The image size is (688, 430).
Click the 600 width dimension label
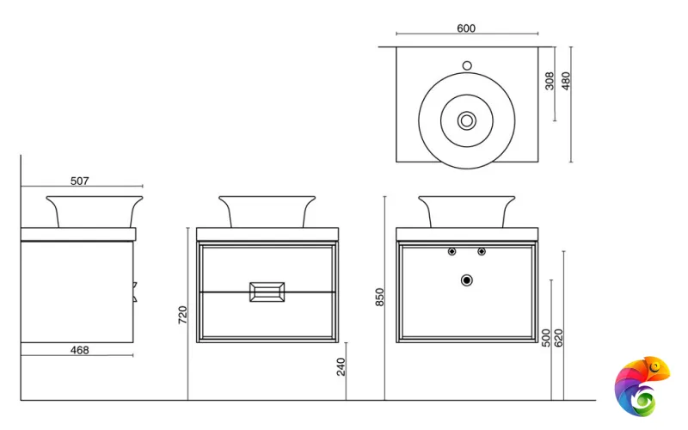[466, 28]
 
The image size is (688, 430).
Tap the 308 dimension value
[550, 81]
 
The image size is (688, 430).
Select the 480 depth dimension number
[566, 81]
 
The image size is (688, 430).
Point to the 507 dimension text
[79, 181]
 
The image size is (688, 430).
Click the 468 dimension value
[79, 350]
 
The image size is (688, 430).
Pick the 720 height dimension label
[182, 315]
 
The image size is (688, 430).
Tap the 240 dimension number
[341, 367]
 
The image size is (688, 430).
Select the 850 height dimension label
[379, 297]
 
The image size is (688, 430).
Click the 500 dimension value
[546, 338]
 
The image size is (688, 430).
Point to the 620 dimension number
[558, 338]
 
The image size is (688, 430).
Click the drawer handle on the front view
[267, 292]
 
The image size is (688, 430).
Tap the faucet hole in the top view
[467, 66]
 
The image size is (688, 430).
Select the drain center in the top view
[467, 120]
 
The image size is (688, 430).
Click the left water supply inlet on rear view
[452, 251]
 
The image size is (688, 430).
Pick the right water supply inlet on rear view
[482, 251]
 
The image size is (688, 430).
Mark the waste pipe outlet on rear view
[467, 280]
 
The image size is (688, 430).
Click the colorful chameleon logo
[642, 386]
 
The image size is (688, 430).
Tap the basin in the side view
[95, 212]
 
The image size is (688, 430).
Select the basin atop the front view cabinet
[267, 212]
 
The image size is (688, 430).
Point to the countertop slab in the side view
[78, 234]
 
